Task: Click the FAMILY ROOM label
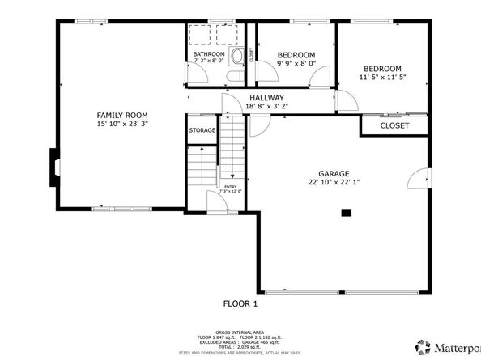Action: click(x=121, y=115)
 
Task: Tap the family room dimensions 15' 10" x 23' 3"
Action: click(x=121, y=125)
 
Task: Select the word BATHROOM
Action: click(x=208, y=54)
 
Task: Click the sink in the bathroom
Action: click(x=237, y=57)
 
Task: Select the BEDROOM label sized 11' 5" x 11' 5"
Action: click(x=381, y=69)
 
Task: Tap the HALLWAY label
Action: click(x=266, y=97)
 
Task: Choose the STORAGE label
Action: click(x=202, y=130)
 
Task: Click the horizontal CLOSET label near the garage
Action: click(x=394, y=125)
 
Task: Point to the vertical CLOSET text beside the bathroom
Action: click(x=252, y=55)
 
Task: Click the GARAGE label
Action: click(x=334, y=174)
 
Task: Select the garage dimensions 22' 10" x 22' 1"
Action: click(x=334, y=183)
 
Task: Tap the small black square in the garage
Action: click(x=346, y=214)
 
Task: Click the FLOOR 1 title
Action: click(x=240, y=304)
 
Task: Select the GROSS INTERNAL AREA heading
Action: click(x=240, y=331)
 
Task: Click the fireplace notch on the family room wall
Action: click(x=53, y=167)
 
